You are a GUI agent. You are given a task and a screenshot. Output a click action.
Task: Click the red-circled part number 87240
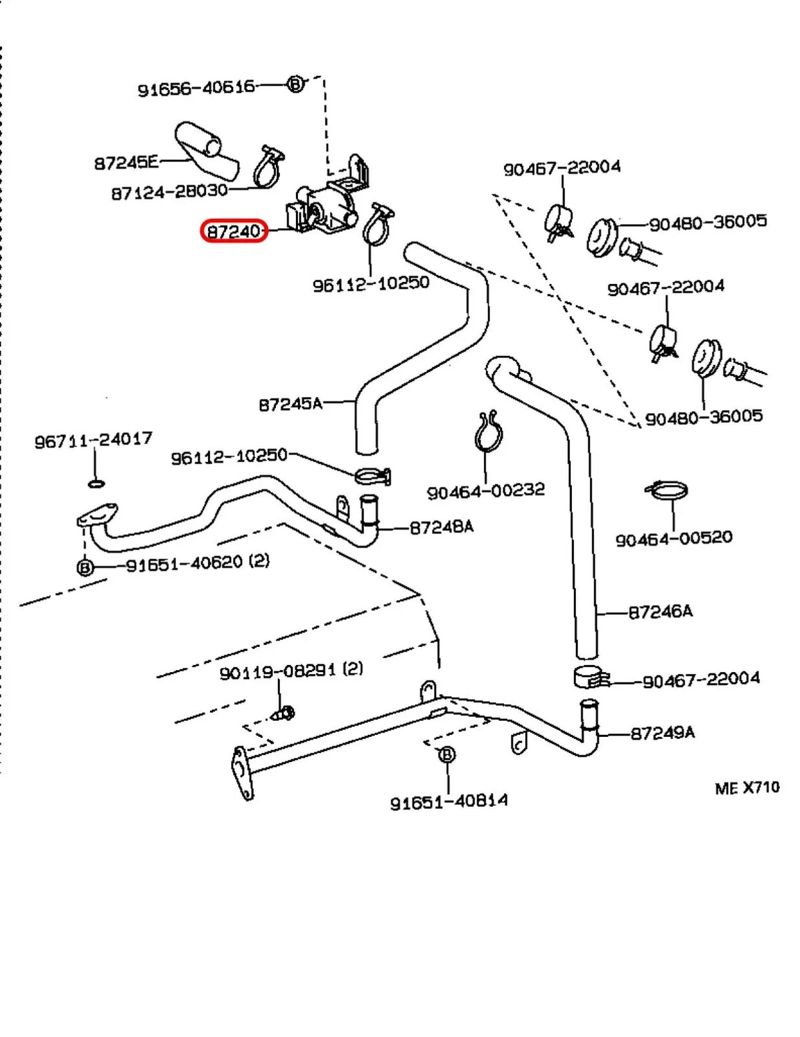(x=234, y=231)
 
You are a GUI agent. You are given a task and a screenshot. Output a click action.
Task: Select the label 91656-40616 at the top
(x=196, y=87)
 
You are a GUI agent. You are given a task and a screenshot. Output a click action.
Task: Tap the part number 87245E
(x=126, y=162)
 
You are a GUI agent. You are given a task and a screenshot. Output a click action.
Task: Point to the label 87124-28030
(x=169, y=192)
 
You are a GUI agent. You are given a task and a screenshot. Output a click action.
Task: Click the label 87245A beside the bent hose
(x=290, y=403)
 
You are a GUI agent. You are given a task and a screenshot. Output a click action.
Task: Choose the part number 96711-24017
(x=93, y=439)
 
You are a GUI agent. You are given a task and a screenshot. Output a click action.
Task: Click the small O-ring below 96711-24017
(x=96, y=481)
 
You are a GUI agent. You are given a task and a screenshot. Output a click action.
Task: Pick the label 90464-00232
(x=485, y=491)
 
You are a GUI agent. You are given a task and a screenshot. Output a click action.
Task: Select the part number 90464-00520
(x=673, y=538)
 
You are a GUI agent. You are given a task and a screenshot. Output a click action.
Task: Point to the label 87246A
(x=660, y=611)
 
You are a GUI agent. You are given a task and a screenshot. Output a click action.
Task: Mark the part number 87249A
(x=662, y=733)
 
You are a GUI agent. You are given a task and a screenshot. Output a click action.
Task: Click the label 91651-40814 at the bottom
(x=449, y=801)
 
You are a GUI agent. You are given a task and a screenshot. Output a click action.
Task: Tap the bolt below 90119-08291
(x=285, y=714)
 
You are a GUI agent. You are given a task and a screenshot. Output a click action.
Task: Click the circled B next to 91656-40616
(x=295, y=84)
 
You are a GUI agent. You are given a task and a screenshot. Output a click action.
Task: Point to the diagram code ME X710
(x=747, y=788)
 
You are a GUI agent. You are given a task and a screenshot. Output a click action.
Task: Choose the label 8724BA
(x=441, y=528)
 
